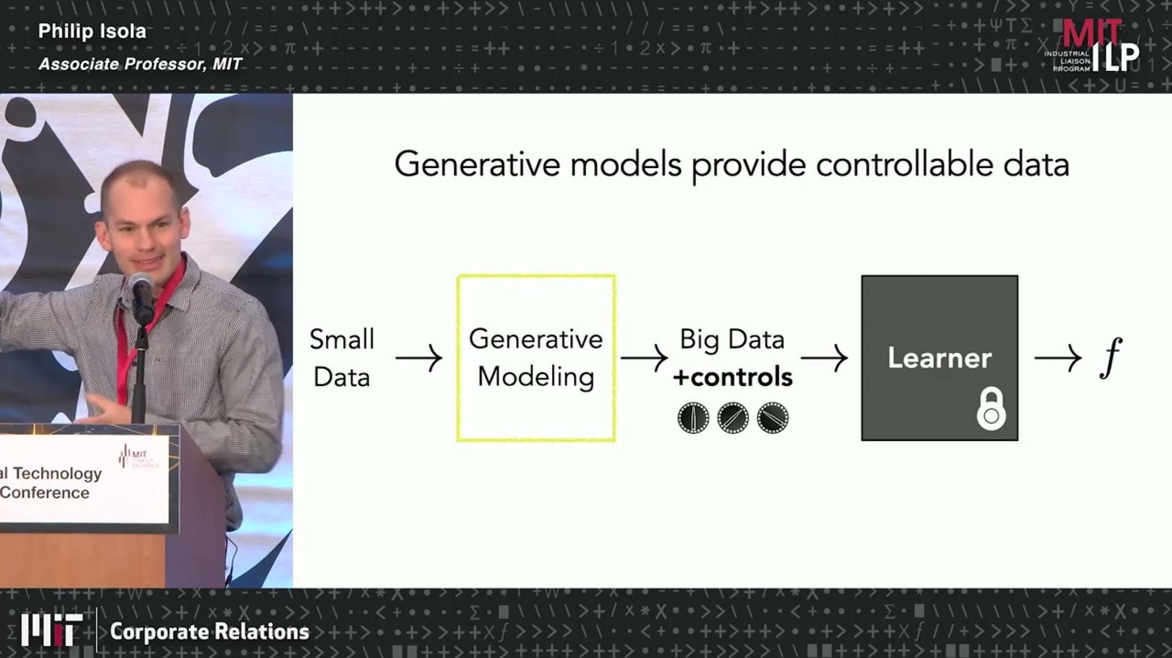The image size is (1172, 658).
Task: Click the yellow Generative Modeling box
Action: (x=536, y=358)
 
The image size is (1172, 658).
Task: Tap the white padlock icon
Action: (x=991, y=410)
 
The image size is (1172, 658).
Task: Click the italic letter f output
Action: (x=1110, y=358)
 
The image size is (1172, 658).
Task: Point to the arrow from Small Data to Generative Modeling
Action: (x=418, y=358)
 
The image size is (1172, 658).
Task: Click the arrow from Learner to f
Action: (x=1057, y=358)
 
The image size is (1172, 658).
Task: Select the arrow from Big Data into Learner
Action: (x=824, y=358)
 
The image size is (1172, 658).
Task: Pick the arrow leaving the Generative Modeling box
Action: (x=644, y=358)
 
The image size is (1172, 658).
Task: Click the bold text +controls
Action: (x=733, y=377)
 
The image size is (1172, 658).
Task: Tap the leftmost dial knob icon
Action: (x=693, y=417)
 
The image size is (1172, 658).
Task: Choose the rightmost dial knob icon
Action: (x=773, y=417)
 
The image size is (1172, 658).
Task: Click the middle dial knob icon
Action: (x=733, y=417)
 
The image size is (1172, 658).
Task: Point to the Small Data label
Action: (x=342, y=358)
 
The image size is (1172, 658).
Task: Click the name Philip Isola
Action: (x=92, y=31)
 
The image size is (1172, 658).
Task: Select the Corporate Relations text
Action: (x=209, y=632)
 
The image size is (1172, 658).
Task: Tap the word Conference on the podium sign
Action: (x=45, y=493)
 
